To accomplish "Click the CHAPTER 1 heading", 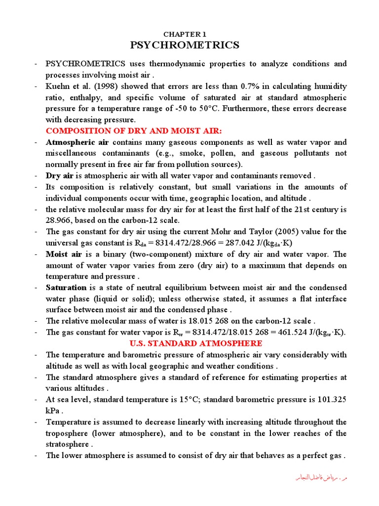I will tap(185, 34).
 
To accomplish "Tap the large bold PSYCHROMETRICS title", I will tap(185, 45).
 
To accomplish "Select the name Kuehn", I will tap(58, 86).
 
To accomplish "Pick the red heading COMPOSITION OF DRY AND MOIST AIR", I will tap(134, 131).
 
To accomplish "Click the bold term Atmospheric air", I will tap(77, 142).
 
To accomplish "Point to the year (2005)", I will tap(281, 232).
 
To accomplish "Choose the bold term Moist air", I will tap(64, 254).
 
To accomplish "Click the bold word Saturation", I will tap(66, 288).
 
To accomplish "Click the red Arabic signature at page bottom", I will tap(322, 478).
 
